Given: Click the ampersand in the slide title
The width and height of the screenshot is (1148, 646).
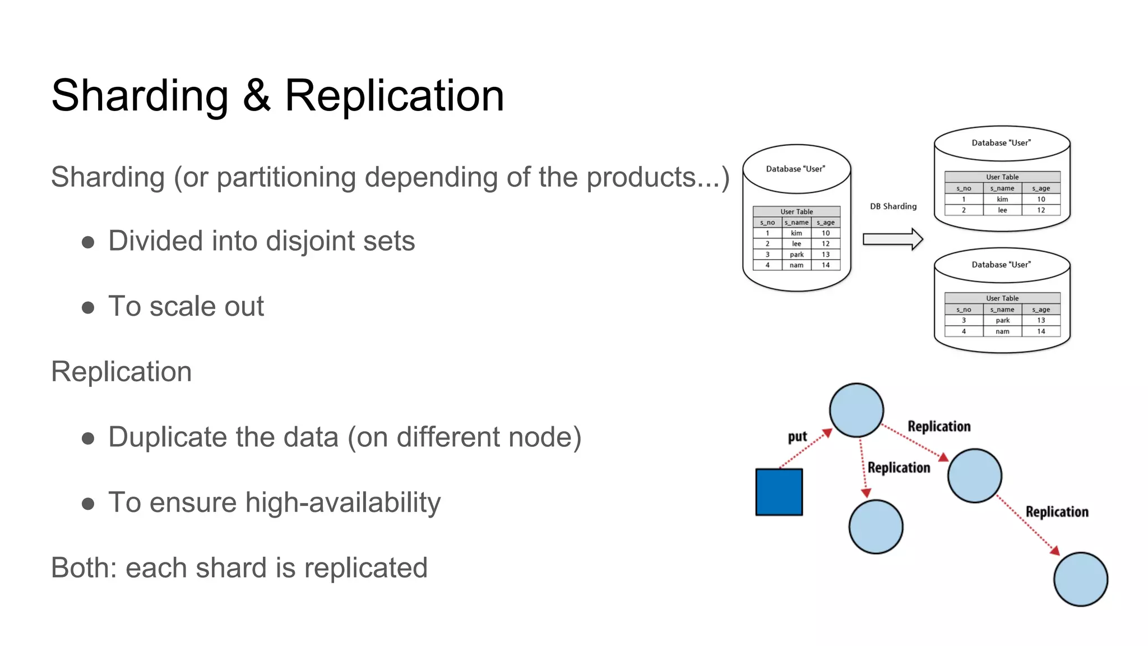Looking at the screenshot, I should click(257, 96).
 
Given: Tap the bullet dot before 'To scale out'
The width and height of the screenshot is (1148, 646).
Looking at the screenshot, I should click(88, 307).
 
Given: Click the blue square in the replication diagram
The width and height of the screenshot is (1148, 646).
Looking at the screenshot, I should click(779, 492).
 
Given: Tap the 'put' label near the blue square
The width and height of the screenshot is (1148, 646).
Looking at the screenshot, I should click(797, 437).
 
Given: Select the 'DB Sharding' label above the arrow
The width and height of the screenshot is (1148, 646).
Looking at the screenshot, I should click(893, 206).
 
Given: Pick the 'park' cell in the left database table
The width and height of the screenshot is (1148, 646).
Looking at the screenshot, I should click(797, 255).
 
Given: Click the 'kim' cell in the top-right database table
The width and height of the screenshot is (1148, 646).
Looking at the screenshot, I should click(1002, 199).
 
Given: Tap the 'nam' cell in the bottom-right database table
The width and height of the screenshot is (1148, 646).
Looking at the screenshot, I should click(1002, 331).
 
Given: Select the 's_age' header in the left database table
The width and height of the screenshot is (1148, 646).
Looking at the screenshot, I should click(825, 223).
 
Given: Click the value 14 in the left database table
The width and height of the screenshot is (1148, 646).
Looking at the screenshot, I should click(825, 265).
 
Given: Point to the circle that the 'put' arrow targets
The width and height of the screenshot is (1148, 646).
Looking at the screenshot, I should click(856, 410).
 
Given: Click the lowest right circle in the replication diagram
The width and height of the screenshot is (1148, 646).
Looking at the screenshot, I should click(1080, 579).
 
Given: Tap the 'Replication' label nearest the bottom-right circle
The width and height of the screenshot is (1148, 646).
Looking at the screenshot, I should click(1057, 511).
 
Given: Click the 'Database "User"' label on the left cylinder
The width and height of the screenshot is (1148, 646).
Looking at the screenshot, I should click(795, 169).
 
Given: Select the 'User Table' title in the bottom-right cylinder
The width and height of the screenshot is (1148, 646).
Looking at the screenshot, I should click(1002, 298).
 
